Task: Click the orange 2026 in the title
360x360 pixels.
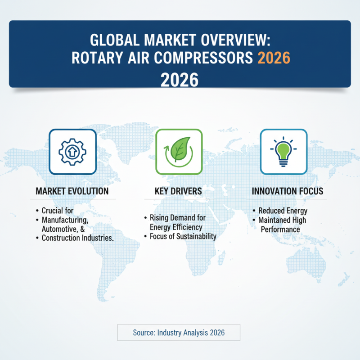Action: pyautogui.click(x=272, y=59)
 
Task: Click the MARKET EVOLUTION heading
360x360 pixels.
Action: pyautogui.click(x=72, y=191)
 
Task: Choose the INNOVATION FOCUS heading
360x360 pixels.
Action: pyautogui.click(x=288, y=191)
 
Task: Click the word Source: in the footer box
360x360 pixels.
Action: pyautogui.click(x=144, y=333)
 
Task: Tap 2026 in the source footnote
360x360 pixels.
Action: pyautogui.click(x=216, y=333)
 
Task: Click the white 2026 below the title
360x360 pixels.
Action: pyautogui.click(x=180, y=80)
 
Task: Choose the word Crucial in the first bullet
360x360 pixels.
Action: pyautogui.click(x=51, y=211)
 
